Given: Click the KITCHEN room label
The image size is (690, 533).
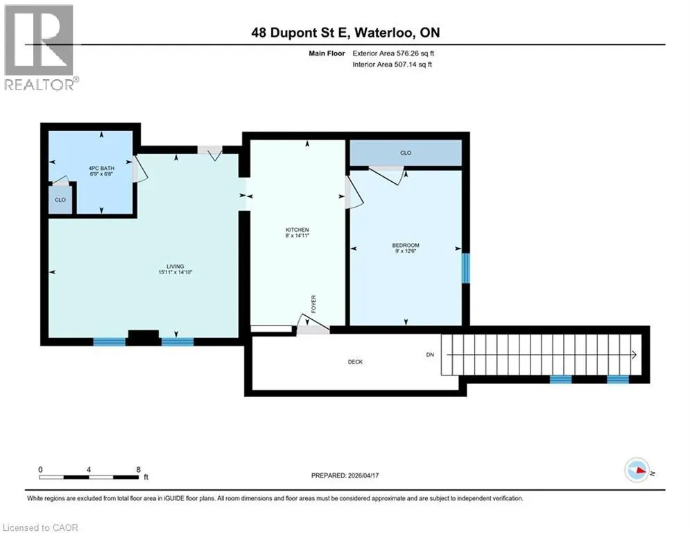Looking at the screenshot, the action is [x=297, y=230].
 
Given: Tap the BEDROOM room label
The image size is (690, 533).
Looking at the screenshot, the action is [x=406, y=245].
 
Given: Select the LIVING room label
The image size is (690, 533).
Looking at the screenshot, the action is [x=175, y=266].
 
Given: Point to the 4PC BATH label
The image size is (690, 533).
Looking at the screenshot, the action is [x=101, y=168].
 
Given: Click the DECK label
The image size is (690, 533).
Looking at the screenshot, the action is [x=355, y=362].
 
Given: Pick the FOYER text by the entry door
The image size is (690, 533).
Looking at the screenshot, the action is [x=313, y=305].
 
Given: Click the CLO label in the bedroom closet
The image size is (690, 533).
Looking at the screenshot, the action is [x=406, y=153].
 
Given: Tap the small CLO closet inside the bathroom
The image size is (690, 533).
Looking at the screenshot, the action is [x=60, y=200].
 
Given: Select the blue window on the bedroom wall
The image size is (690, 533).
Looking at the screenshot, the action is [x=465, y=268].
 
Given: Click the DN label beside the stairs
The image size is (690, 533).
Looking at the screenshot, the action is [x=430, y=355].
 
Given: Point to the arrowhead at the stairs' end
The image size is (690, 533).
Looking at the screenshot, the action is [x=634, y=355].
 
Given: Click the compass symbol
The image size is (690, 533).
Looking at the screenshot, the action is [x=637, y=470].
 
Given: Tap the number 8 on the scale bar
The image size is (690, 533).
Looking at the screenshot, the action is [x=139, y=470].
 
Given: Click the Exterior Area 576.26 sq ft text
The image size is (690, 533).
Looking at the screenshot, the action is [x=393, y=53].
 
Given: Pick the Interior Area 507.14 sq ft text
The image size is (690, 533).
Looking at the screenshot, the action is [x=392, y=65].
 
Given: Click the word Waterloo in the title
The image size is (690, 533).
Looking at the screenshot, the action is [x=383, y=33].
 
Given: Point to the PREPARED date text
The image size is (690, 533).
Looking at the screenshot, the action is [x=345, y=475].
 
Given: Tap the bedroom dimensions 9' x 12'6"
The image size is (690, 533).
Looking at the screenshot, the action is [x=406, y=251].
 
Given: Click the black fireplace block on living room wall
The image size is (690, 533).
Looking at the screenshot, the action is [x=144, y=337].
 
